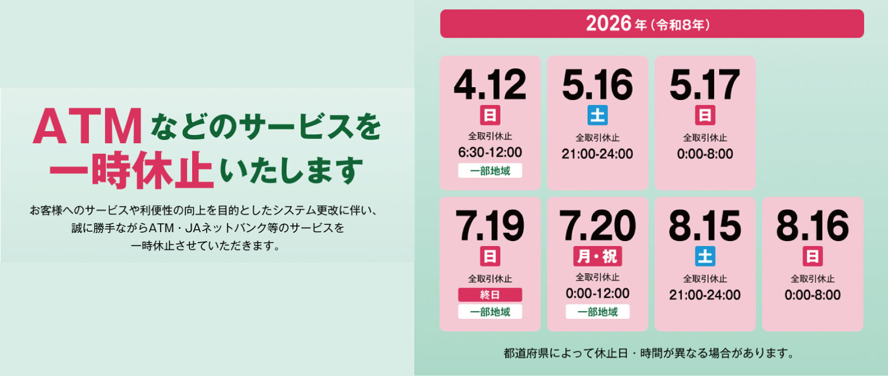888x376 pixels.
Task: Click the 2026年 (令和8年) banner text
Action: (648, 24)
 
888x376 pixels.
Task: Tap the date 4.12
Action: (490, 85)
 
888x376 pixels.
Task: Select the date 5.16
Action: (597, 85)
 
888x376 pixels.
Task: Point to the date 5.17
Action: (704, 85)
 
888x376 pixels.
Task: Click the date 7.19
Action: (490, 226)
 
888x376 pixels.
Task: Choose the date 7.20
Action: (597, 226)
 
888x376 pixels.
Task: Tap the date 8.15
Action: (704, 226)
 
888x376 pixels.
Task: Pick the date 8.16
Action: (812, 226)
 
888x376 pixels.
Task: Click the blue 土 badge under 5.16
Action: (597, 115)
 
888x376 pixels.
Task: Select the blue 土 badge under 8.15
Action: (705, 256)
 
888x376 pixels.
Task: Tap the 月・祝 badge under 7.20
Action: (597, 256)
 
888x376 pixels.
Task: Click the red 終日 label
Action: (490, 295)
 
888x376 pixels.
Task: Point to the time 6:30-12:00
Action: (490, 152)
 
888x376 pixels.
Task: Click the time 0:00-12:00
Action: (597, 293)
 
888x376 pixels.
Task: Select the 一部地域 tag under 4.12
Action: (490, 171)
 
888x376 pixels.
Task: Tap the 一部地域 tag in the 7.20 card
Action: (597, 312)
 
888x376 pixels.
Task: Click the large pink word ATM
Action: (88, 127)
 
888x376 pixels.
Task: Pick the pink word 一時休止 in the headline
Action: (131, 170)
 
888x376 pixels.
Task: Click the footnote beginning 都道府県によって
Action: (648, 353)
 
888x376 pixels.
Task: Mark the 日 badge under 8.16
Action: (812, 256)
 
